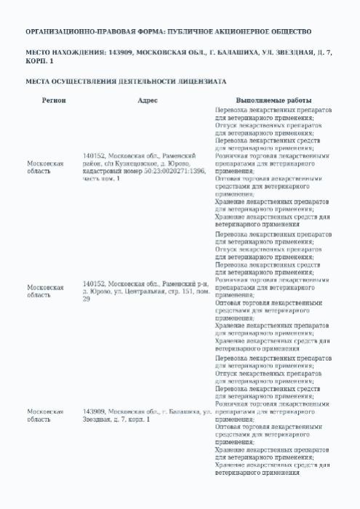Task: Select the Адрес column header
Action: coord(148,100)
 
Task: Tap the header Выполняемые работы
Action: coord(274,100)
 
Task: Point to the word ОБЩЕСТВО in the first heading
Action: coord(289,32)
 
